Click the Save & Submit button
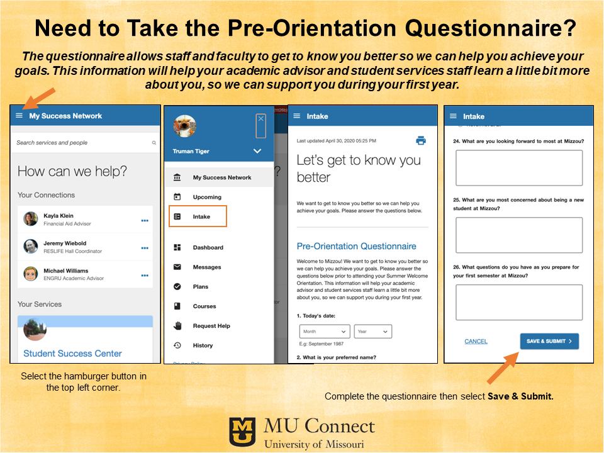tap(549, 341)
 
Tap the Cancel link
tap(476, 341)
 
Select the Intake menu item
tap(201, 216)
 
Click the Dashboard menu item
tap(208, 247)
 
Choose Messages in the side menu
tap(207, 267)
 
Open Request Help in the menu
tap(211, 326)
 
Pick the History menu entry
tap(203, 345)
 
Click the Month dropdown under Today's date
tap(325, 331)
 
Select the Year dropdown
tap(372, 331)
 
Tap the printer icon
tap(421, 140)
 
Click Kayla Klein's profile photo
tap(30, 219)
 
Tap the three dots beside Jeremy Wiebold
tap(145, 248)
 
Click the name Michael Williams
tap(66, 271)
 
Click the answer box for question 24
tap(518, 167)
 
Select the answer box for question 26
tap(518, 302)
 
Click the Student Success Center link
tap(72, 354)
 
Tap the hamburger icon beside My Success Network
tap(19, 116)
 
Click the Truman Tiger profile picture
tap(184, 126)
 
